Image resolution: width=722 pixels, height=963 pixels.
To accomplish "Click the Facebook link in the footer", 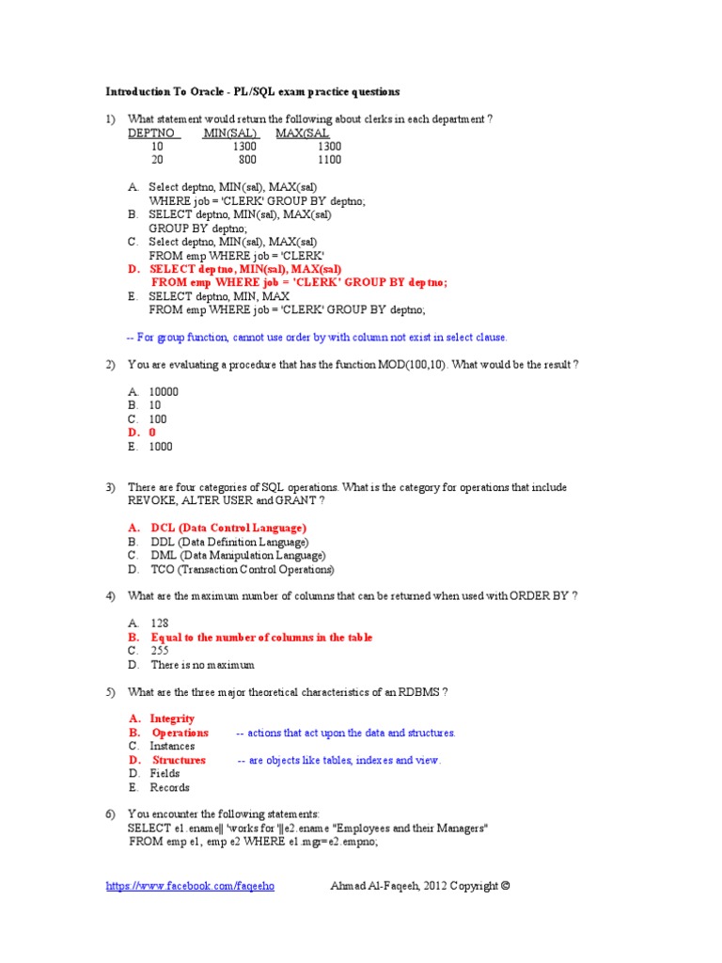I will [x=191, y=886].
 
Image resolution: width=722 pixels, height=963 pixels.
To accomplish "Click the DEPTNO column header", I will [x=150, y=134].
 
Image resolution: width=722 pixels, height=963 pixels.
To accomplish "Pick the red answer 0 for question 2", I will [x=153, y=433].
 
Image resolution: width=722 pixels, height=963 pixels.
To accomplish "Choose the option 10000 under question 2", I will [x=164, y=391].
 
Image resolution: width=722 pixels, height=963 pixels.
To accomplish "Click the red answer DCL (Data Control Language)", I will [x=228, y=529].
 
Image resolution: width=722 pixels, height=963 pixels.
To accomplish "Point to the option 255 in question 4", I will [x=161, y=651].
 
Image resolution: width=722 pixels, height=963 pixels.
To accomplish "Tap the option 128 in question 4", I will [x=160, y=624].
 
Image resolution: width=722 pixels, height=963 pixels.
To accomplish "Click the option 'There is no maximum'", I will [x=202, y=665].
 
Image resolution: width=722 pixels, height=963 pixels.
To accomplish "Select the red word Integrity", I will [x=172, y=718].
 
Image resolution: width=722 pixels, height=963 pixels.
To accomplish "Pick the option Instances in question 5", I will [x=172, y=746].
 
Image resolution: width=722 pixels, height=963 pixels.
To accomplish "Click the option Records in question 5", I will [x=169, y=787].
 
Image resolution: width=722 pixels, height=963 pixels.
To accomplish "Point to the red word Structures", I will [x=179, y=760].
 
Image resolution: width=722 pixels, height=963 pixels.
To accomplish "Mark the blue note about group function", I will [x=316, y=337].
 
